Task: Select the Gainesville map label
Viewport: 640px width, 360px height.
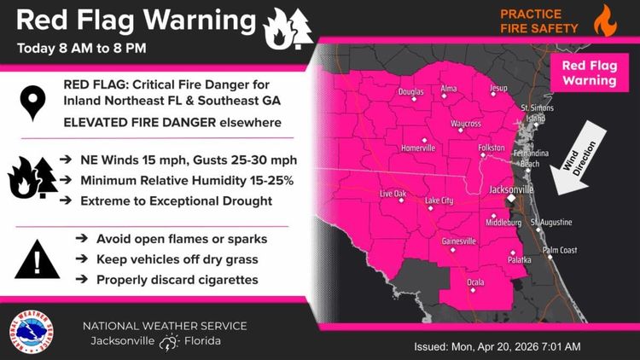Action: (458, 241)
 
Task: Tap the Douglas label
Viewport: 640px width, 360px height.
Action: (410, 91)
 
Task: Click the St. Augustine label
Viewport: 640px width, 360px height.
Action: (550, 223)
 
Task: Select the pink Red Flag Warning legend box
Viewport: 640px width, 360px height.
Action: (589, 74)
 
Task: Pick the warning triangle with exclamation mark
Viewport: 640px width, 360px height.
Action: (37, 258)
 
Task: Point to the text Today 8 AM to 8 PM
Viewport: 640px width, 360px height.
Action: (82, 47)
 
